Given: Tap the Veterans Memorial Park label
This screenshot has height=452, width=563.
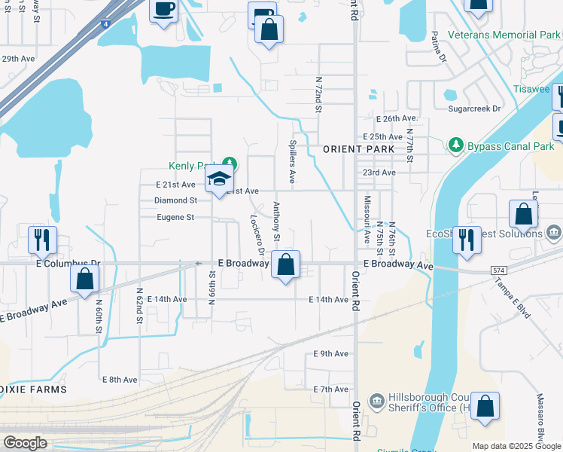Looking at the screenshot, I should tap(504, 35).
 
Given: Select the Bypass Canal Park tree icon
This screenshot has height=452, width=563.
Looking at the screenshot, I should tap(455, 145).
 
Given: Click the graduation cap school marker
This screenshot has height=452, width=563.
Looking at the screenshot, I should tap(219, 179).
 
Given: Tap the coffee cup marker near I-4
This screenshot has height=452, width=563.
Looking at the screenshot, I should tap(164, 10).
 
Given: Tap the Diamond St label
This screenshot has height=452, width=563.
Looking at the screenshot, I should tap(175, 200).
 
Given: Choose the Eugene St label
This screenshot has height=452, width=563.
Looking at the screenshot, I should tap(175, 217).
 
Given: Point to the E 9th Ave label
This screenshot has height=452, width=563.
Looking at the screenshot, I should tap(331, 353).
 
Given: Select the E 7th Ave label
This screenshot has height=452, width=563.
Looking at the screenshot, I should tap(331, 389).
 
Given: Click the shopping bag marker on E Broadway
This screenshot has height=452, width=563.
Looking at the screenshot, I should tap(285, 265).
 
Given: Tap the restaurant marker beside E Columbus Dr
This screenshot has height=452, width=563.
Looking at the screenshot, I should tap(41, 240).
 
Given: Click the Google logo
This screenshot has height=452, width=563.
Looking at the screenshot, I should tap(25, 443).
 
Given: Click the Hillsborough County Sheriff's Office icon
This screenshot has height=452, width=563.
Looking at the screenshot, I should tap(376, 399).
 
